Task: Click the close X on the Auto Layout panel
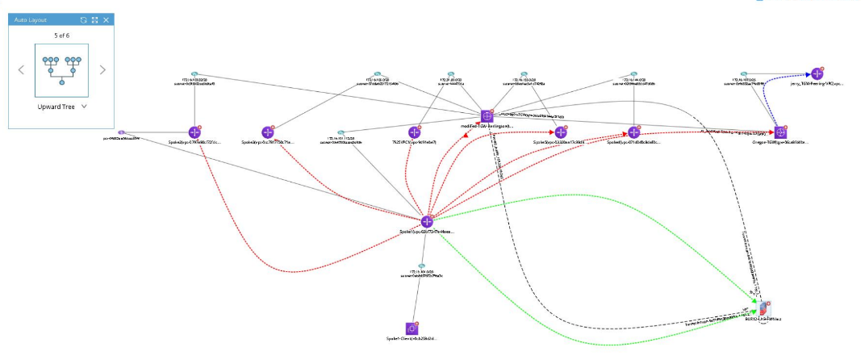coord(106,19)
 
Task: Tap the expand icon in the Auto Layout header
coord(94,19)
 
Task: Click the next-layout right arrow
coord(102,69)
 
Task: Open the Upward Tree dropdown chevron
coord(84,106)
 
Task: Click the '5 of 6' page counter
coord(61,36)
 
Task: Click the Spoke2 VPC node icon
coord(194,132)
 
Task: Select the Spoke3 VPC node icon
coord(268,132)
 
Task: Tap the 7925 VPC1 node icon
coord(416,132)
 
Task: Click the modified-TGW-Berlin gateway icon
coord(487,116)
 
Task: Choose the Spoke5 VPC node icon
coord(561,132)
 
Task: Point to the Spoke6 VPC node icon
coord(634,132)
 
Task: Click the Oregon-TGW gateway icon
coord(781,132)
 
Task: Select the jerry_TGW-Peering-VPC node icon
coord(817,73)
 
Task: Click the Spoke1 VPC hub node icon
coord(428,221)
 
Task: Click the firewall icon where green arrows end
coord(764,309)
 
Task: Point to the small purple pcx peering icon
coord(121,132)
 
